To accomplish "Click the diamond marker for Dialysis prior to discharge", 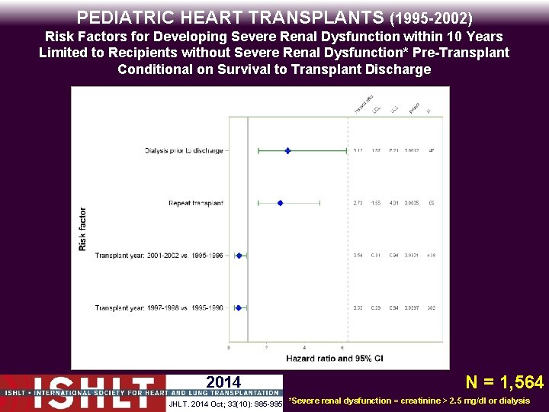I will click(x=287, y=150).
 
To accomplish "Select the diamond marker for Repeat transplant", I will click(x=280, y=203).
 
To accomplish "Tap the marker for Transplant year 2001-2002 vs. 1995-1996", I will click(x=239, y=256).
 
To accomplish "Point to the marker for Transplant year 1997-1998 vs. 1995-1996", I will click(x=238, y=307).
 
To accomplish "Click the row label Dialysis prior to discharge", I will click(x=184, y=150).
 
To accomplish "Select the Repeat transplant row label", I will click(x=196, y=203).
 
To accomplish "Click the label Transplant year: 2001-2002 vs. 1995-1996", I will click(x=159, y=256).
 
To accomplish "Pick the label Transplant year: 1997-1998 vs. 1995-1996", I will click(x=159, y=307).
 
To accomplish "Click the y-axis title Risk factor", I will click(x=82, y=230).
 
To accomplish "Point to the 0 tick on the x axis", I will click(x=229, y=348).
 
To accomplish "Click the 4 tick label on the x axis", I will click(x=303, y=348).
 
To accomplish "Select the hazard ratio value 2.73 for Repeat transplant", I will click(x=358, y=203).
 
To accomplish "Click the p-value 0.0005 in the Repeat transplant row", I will click(x=412, y=203).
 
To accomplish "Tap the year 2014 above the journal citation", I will click(x=223, y=382).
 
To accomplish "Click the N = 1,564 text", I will click(x=505, y=382).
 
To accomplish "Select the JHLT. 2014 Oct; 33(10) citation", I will click(x=225, y=402).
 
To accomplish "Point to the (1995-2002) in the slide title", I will click(x=431, y=17).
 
